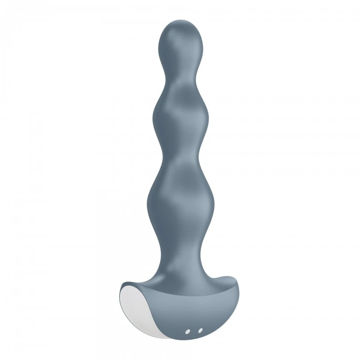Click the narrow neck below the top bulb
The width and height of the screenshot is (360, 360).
pyautogui.click(x=179, y=72)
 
